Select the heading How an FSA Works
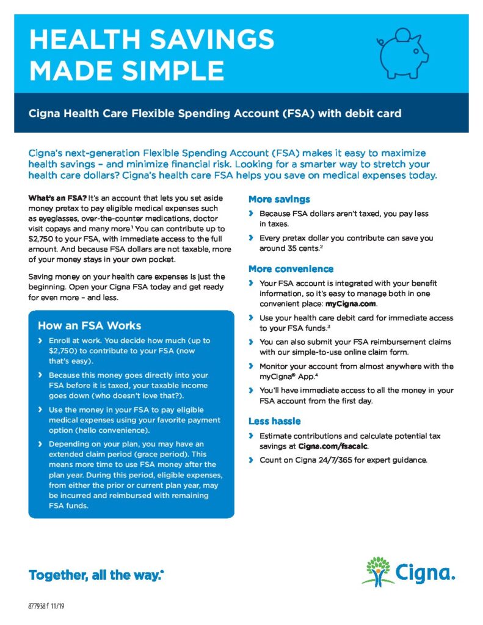tap(89, 325)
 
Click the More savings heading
tap(279, 200)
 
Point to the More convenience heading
tap(291, 269)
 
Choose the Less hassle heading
tap(274, 421)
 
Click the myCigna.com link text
tap(351, 304)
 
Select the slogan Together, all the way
tap(95, 575)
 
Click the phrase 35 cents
tap(301, 249)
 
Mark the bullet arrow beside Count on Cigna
tap(251, 459)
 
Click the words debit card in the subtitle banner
tap(378, 114)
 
